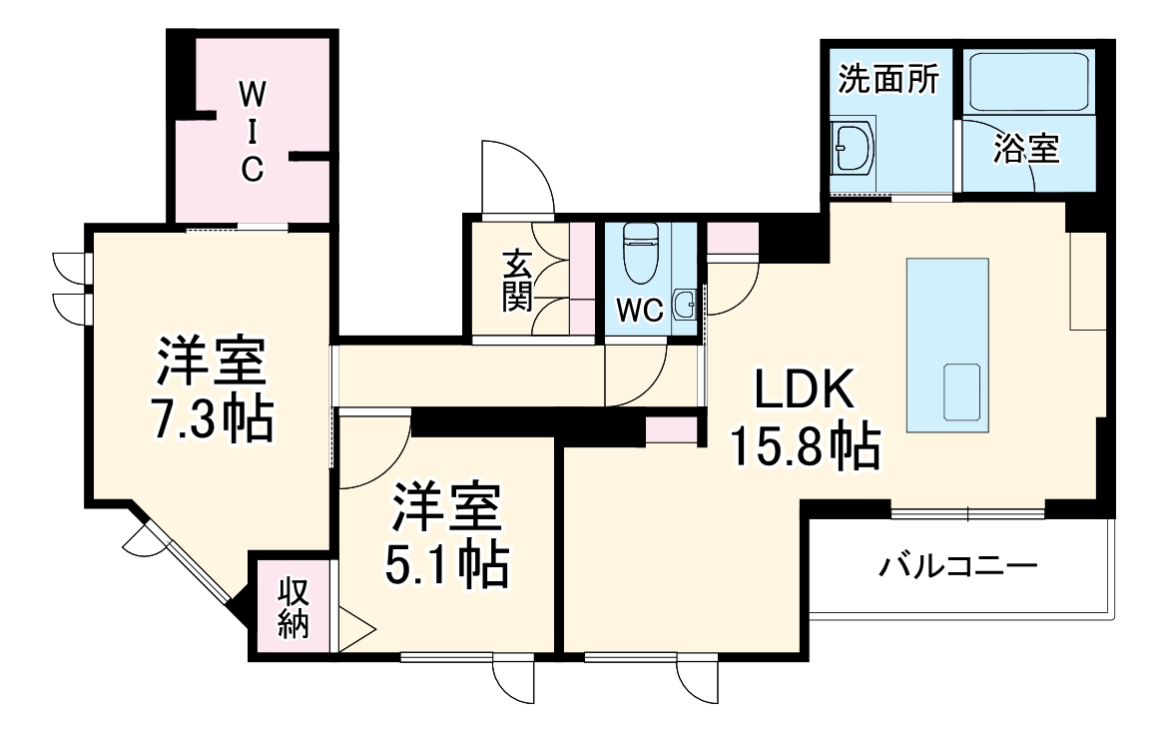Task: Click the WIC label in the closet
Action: (x=252, y=131)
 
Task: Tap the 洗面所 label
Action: (x=887, y=79)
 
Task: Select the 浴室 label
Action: (x=1026, y=150)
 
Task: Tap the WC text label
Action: (x=638, y=311)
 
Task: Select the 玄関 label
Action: (x=517, y=283)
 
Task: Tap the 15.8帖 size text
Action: (x=805, y=448)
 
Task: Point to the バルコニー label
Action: (x=958, y=568)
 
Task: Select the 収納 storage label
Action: (x=293, y=608)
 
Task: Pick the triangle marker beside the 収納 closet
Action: (x=353, y=630)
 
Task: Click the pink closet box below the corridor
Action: (x=670, y=429)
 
